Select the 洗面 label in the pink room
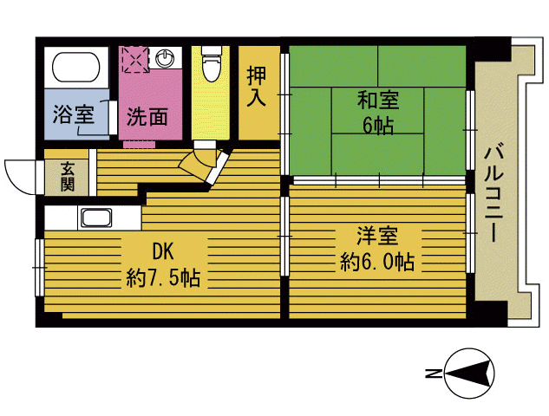(147, 116)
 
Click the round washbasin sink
(167, 59)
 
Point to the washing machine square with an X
(135, 60)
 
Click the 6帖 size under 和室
(377, 127)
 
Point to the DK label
(163, 253)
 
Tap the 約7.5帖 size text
(163, 279)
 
